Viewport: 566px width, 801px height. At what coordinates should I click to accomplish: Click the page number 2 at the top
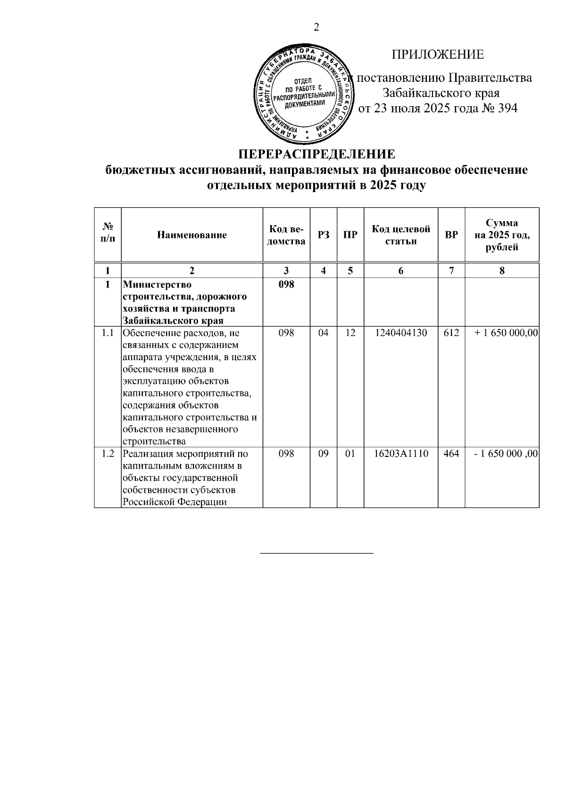point(316,27)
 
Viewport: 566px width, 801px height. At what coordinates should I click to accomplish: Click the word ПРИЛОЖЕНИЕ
point(437,55)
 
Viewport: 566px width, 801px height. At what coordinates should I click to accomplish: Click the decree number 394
point(507,109)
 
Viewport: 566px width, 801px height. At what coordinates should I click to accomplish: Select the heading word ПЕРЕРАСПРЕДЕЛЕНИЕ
point(316,155)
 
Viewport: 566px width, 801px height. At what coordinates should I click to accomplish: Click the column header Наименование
point(192,235)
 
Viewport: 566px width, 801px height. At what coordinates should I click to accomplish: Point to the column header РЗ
point(324,235)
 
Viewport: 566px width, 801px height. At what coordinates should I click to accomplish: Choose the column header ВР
point(451,235)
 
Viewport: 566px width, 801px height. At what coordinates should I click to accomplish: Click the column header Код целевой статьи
point(401,235)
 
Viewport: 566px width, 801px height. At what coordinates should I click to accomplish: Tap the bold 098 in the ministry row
point(286,285)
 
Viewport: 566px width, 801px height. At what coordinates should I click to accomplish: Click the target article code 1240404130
point(401,333)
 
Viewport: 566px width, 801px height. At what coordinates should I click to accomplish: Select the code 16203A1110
point(401,454)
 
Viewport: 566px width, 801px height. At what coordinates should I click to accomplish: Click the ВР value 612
point(451,333)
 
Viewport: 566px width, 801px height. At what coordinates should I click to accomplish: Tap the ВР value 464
point(451,454)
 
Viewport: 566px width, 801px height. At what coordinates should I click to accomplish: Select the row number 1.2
point(108,454)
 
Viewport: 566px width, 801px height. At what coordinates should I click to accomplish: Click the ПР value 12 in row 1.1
point(350,333)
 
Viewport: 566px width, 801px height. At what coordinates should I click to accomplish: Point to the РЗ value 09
point(323,454)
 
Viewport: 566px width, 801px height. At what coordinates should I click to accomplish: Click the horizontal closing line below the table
point(316,552)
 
